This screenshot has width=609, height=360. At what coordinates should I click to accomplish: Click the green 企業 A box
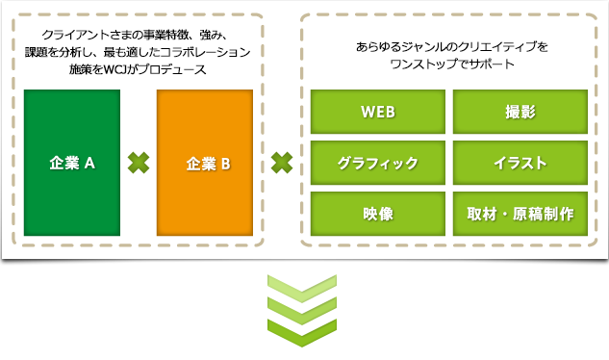click(x=73, y=162)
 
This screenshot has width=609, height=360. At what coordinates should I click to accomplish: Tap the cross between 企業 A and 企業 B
click(x=140, y=163)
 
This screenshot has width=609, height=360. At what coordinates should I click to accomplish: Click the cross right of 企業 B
click(x=281, y=163)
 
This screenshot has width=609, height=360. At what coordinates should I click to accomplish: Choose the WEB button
click(x=378, y=112)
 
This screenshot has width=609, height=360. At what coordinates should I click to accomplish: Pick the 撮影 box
click(x=520, y=112)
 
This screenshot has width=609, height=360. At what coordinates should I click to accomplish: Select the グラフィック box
click(x=378, y=163)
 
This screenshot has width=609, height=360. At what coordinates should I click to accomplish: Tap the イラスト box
click(x=520, y=163)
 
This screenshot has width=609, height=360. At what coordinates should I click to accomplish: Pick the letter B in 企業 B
click(x=224, y=163)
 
